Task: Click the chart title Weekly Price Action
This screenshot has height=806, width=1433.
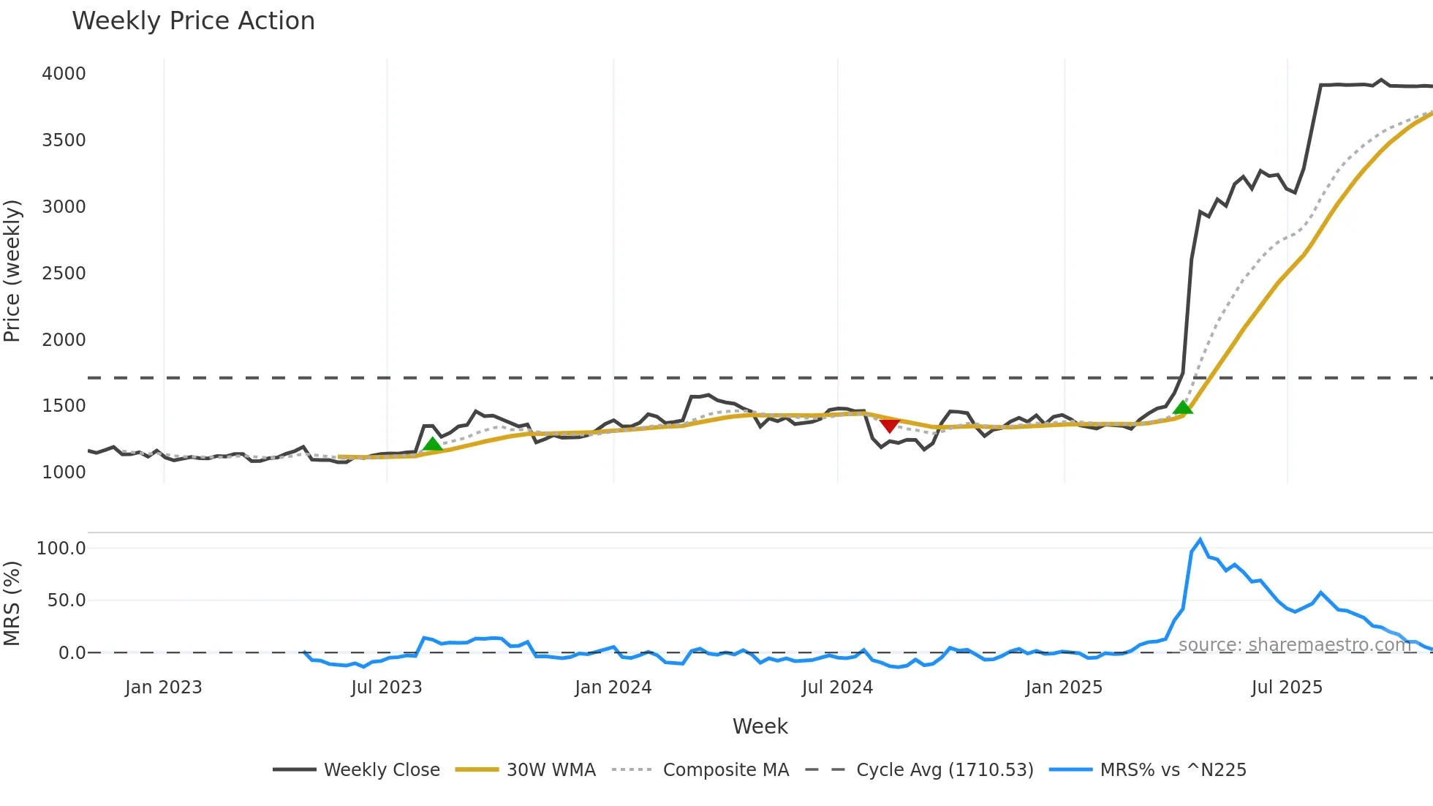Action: [193, 21]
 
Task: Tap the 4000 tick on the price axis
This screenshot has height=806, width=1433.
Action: [64, 74]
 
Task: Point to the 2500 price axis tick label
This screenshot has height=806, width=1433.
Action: [64, 274]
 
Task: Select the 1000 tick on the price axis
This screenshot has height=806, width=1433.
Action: [64, 472]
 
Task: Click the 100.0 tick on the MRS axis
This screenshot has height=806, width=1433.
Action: [61, 549]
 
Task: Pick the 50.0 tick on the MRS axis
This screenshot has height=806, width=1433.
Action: [67, 600]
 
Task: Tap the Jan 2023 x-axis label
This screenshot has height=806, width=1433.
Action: [163, 688]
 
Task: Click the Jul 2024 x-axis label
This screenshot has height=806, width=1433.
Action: [837, 688]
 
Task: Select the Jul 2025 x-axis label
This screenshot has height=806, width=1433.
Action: [1287, 688]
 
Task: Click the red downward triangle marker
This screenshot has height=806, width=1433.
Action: [889, 426]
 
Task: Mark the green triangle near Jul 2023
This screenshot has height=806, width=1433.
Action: [432, 444]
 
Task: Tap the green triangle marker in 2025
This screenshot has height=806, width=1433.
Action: [1183, 407]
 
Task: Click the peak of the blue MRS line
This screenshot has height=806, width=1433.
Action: [1200, 540]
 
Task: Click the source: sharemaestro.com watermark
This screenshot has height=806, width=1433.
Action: [1294, 645]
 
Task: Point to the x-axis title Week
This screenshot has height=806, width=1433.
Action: [760, 726]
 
